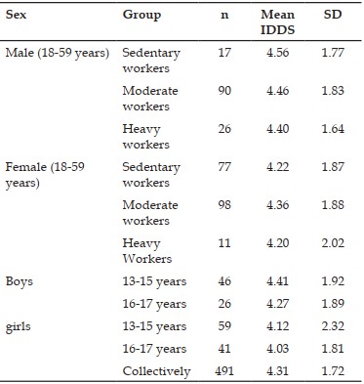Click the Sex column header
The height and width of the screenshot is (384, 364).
pos(16,15)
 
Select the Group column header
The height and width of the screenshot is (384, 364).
pos(142,16)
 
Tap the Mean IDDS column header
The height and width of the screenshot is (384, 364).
pos(277,22)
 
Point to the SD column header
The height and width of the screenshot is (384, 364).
pos(333,15)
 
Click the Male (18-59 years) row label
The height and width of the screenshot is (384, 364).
pos(58,53)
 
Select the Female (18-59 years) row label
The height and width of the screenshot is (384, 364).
pos(45,175)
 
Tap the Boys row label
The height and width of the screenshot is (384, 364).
pos(20,281)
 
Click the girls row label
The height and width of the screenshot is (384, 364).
pos(19,326)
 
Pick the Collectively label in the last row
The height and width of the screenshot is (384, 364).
pos(156,371)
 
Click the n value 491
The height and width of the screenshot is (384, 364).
pos(224,371)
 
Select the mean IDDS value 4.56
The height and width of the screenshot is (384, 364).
pos(277,53)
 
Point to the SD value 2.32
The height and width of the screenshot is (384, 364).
pos(333,326)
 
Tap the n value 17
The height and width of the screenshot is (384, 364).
pos(224,53)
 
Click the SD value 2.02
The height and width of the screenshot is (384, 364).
pos(333,243)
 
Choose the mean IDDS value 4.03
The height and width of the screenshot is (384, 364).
pos(277,349)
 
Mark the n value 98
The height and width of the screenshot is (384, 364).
pos(224,205)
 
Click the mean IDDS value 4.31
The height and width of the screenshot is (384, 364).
pos(277,371)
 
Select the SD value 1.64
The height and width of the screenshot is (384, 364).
pos(333,129)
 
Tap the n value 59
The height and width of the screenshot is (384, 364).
pos(224,326)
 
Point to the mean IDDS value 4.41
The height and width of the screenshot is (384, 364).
pos(277,281)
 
